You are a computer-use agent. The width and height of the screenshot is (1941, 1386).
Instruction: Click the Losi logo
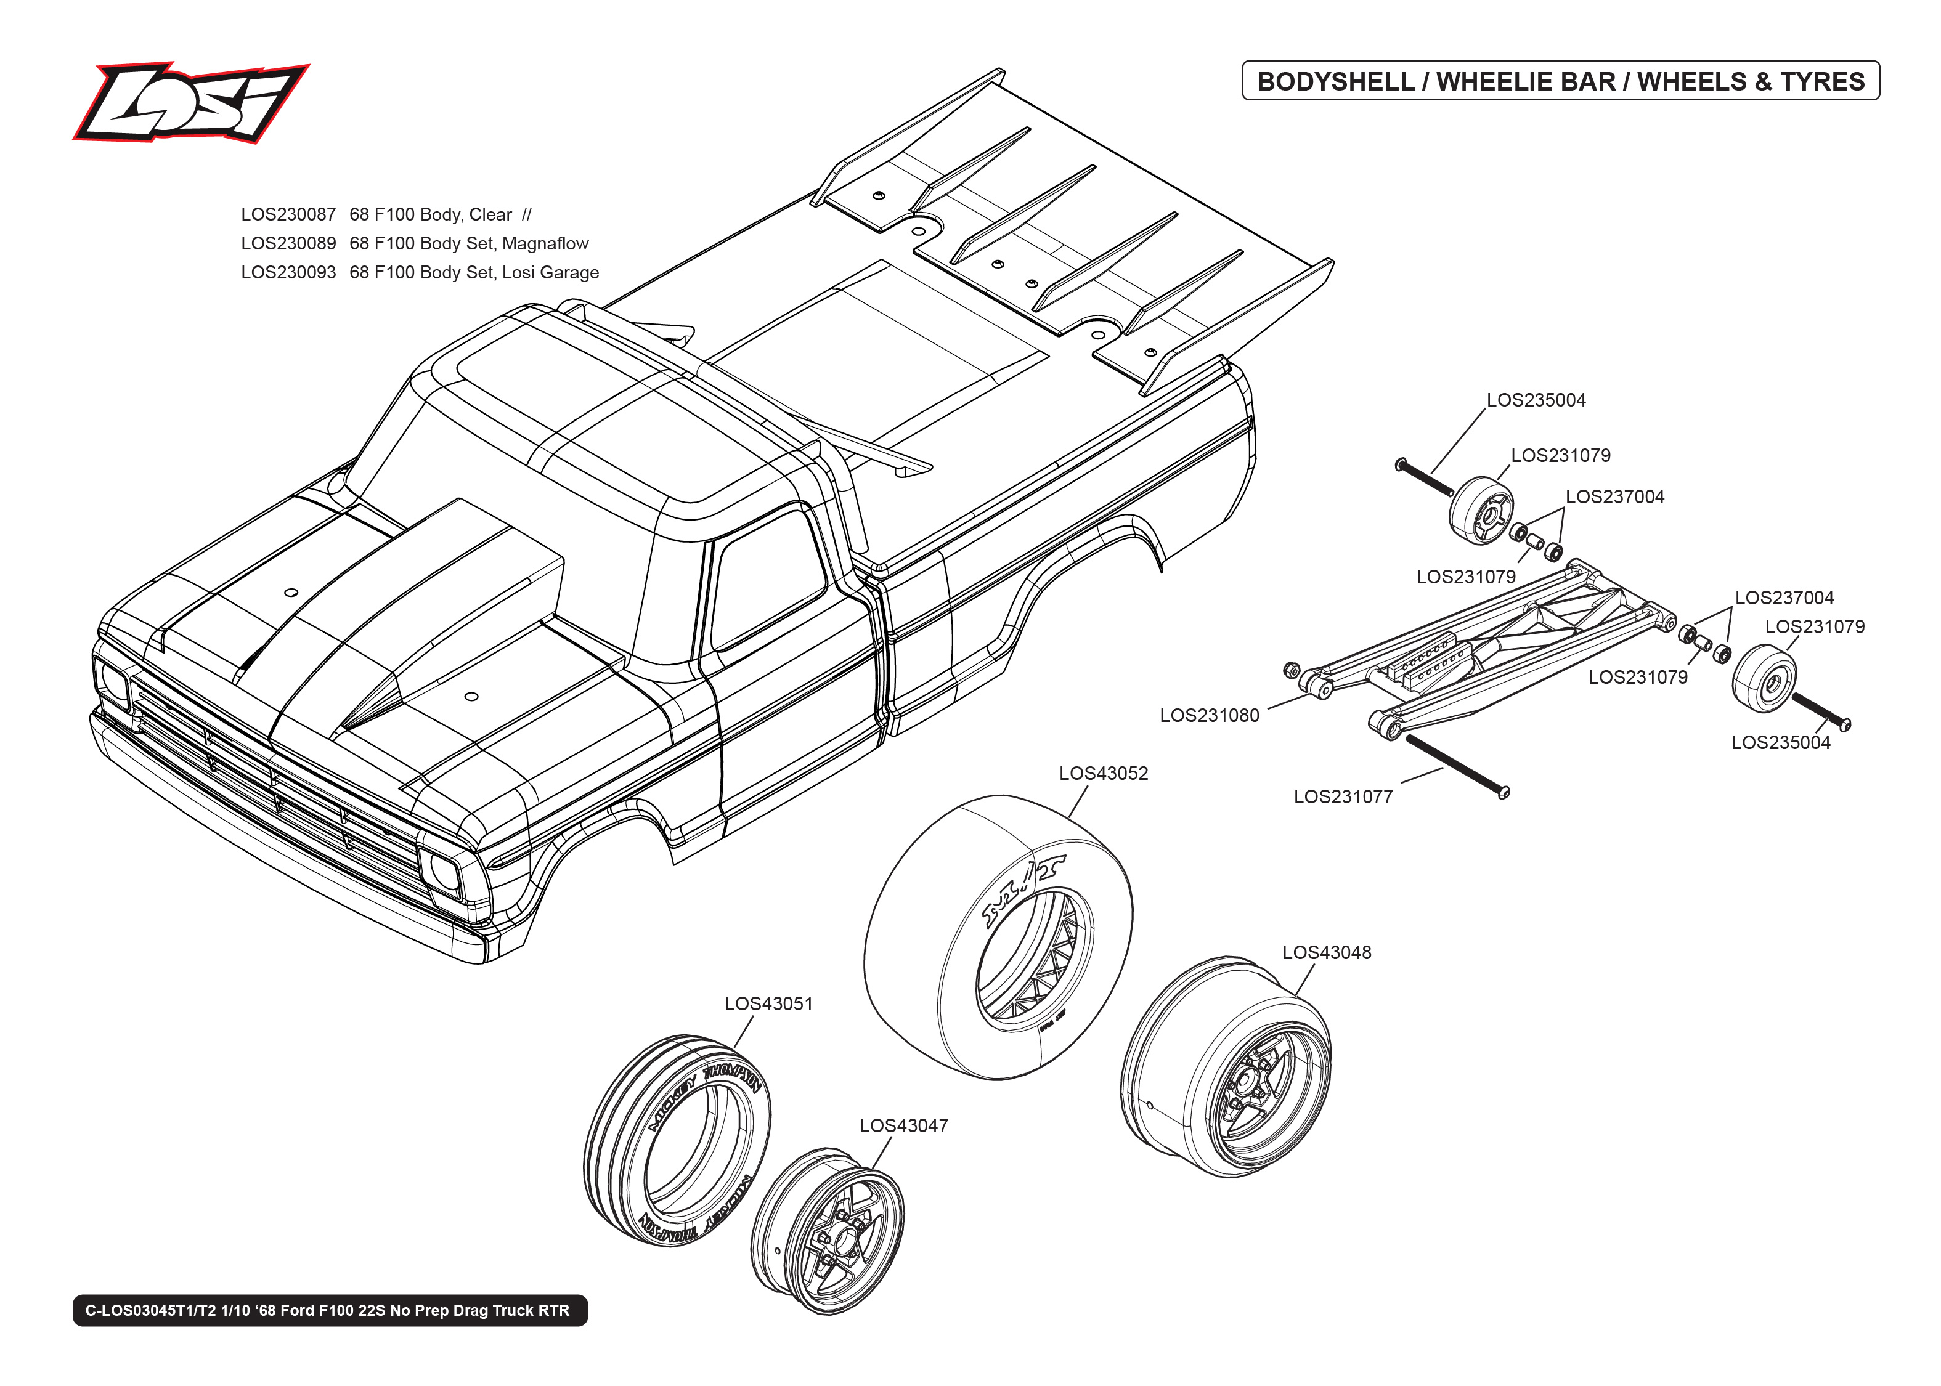190,102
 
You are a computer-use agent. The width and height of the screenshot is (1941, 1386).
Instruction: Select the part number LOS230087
288,214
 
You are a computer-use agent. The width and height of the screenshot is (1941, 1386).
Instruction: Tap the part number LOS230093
288,272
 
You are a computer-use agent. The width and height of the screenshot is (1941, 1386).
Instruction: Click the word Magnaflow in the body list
545,243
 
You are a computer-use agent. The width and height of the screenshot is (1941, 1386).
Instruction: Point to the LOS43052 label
1103,773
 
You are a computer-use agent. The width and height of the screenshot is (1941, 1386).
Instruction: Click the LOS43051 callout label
768,1003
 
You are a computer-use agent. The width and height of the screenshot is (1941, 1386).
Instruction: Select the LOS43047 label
903,1125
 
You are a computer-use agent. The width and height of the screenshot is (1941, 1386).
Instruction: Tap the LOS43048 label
1327,952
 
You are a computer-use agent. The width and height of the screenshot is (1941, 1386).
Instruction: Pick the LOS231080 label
1208,715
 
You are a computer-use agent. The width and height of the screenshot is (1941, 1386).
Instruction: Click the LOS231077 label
1343,796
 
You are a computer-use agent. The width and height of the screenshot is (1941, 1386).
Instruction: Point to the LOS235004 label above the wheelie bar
1536,400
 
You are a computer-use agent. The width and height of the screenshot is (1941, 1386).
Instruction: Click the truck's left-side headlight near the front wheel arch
443,870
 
